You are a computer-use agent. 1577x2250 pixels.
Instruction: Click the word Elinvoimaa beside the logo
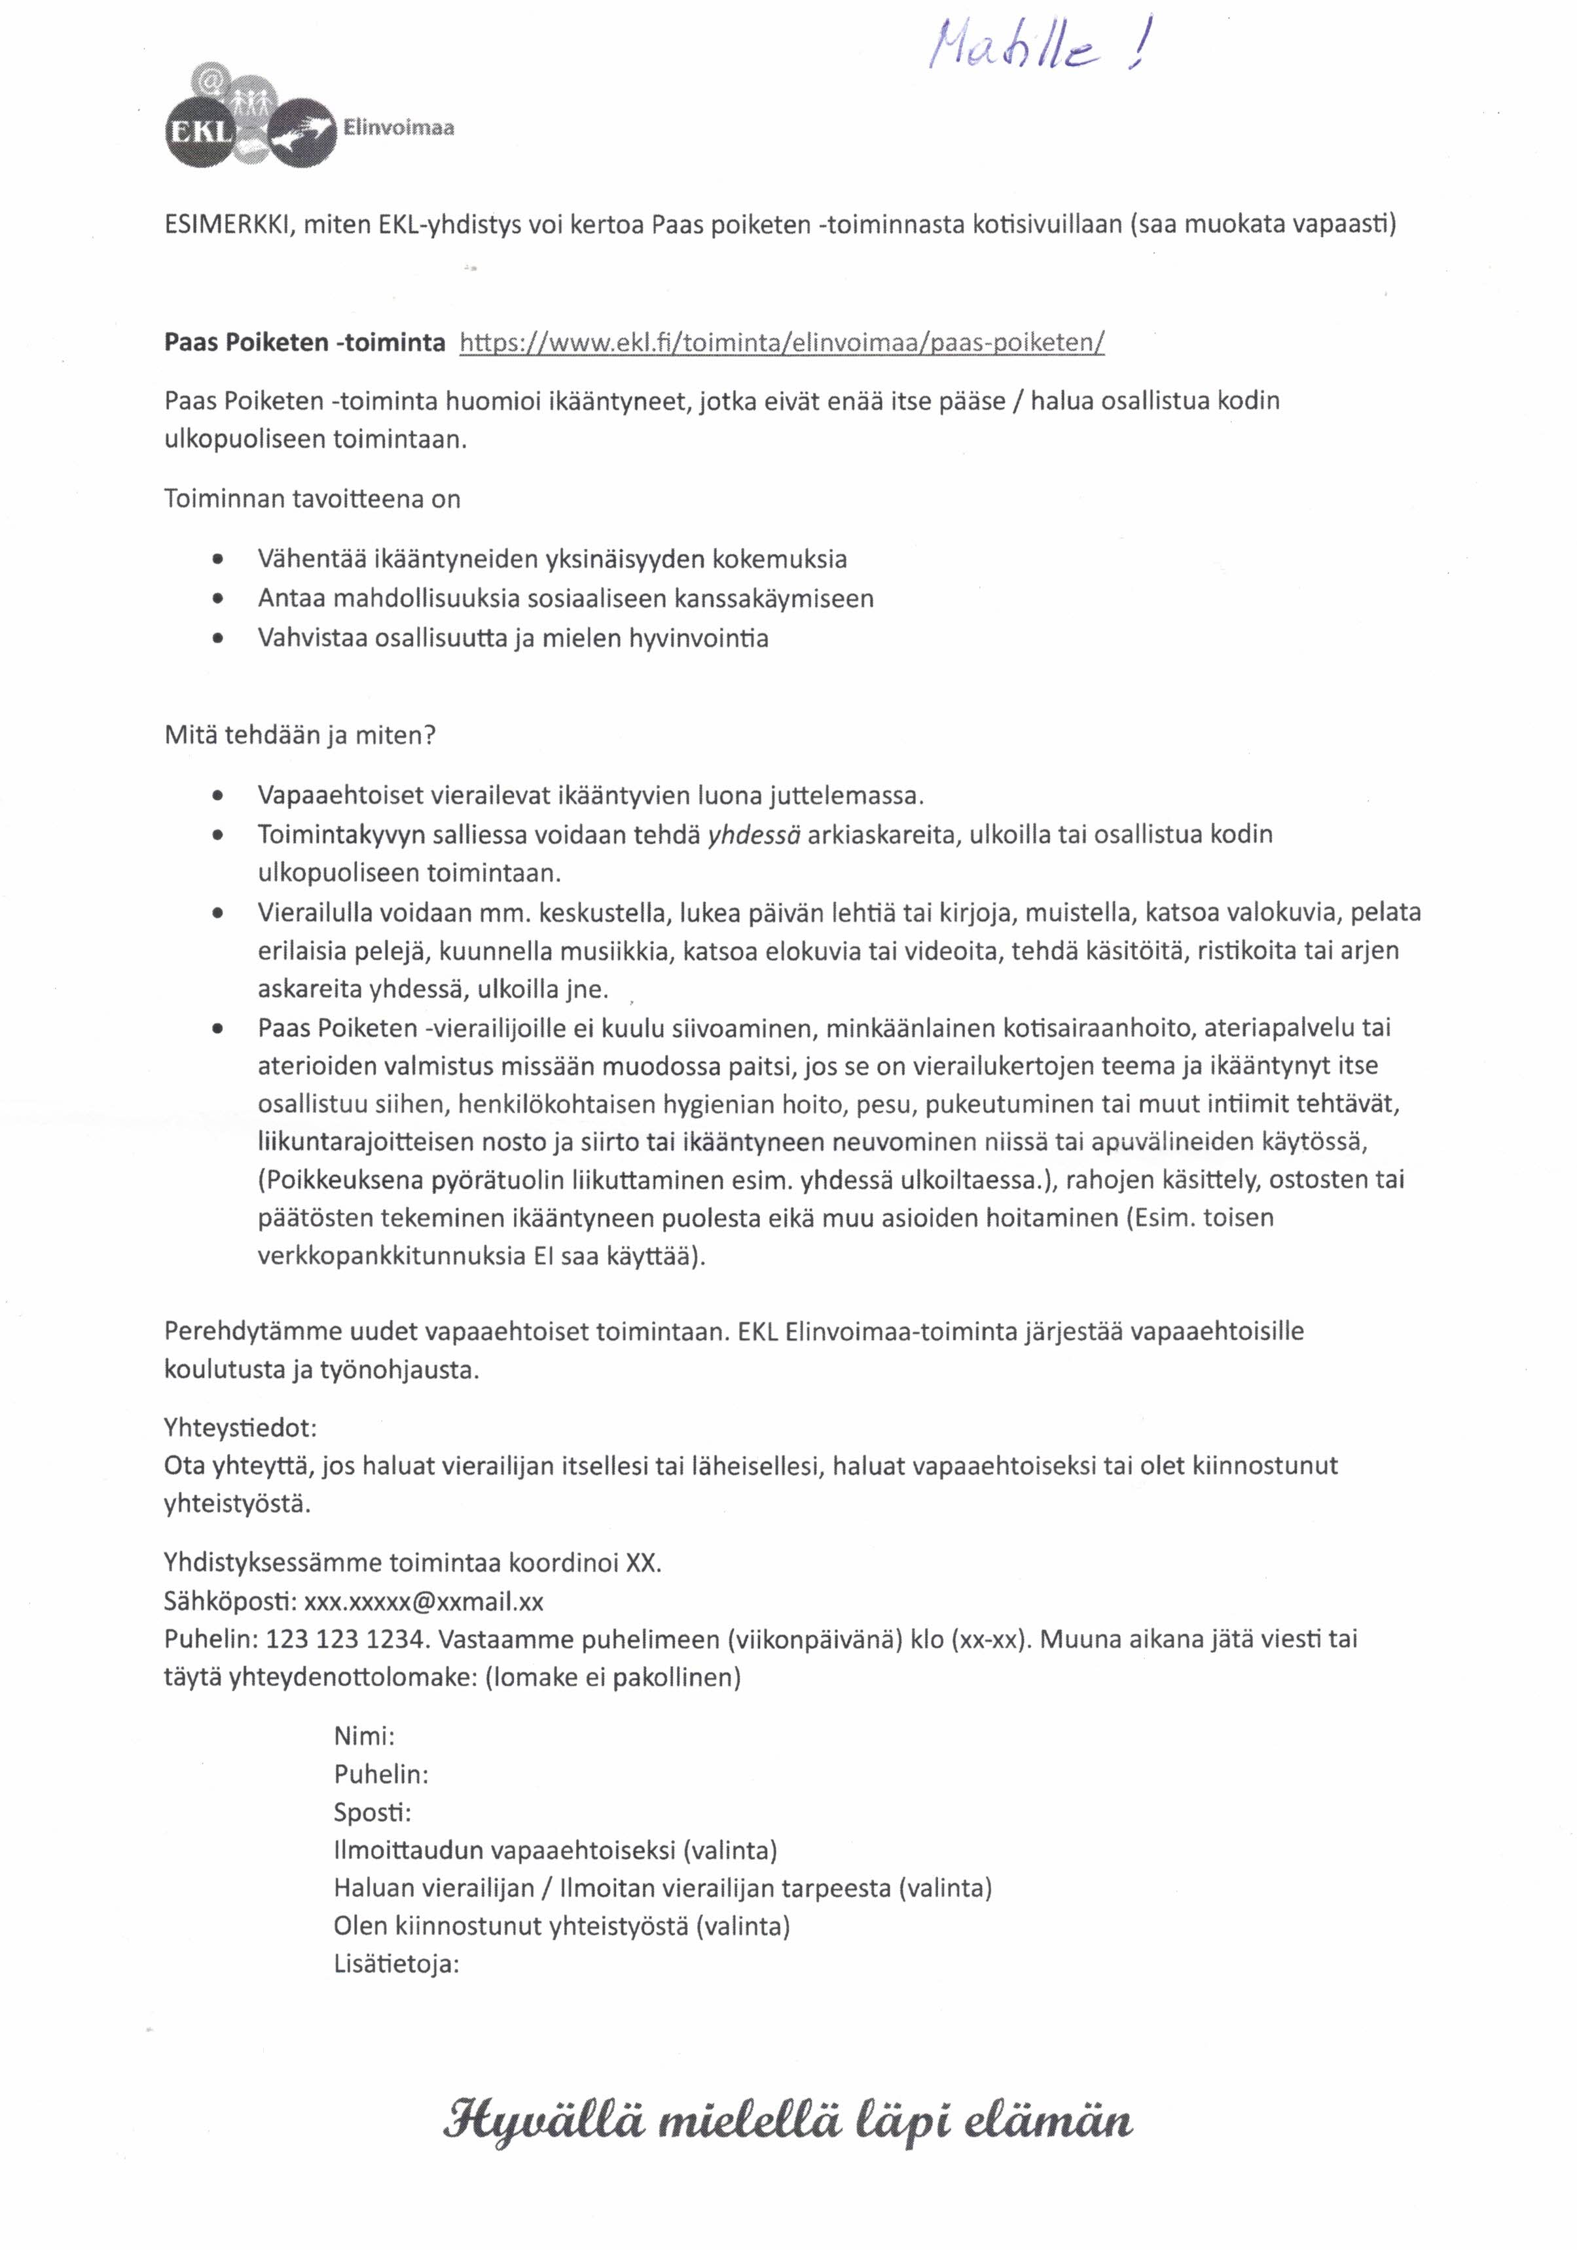pos(398,128)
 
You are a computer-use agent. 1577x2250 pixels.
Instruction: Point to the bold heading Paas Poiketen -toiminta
pos(304,342)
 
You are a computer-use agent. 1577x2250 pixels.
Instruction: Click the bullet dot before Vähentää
pos(217,560)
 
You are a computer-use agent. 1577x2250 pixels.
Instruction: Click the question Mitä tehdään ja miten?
pos(299,735)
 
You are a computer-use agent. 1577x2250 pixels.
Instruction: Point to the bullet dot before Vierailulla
pos(217,913)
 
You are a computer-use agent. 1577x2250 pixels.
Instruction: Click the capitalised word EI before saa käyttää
pos(545,1256)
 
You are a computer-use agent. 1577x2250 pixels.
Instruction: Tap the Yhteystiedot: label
pos(240,1427)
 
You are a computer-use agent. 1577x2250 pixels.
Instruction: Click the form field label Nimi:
pos(363,1737)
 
